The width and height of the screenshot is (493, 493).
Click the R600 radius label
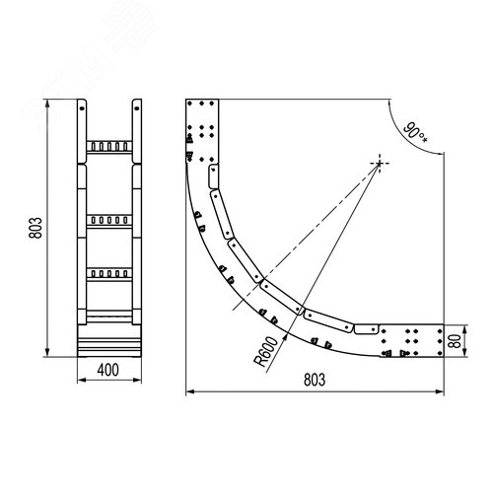point(266,351)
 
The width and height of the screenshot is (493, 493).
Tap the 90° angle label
point(416,132)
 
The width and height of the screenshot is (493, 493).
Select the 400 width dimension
point(107,371)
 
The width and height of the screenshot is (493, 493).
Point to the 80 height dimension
point(456,341)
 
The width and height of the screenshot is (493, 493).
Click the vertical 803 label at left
point(35,228)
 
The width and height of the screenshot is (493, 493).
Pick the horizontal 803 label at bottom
point(315,380)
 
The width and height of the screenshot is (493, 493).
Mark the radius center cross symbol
point(380,163)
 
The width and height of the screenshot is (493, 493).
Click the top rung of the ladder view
point(109,147)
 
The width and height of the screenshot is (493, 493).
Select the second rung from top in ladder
point(109,221)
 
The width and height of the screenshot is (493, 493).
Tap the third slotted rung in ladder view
point(109,274)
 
